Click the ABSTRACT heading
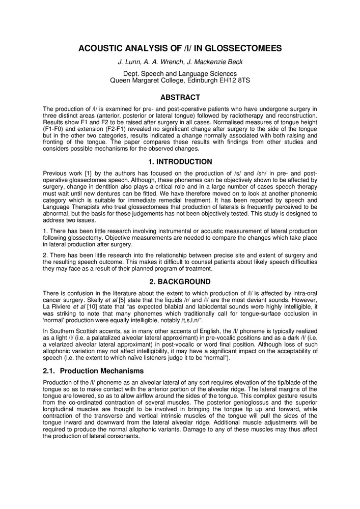[180, 97]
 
